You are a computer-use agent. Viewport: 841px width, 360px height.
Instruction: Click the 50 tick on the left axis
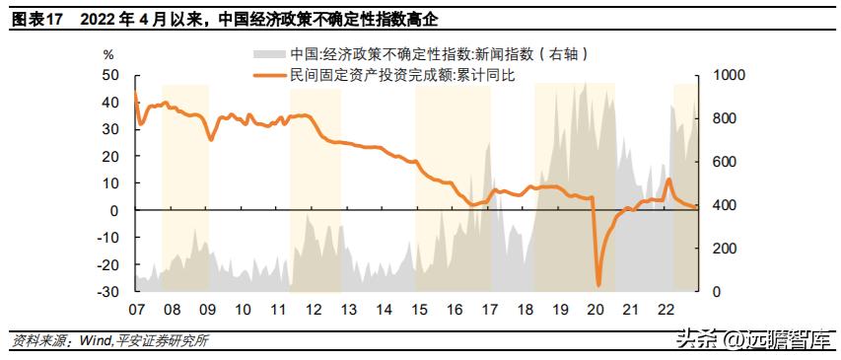point(111,75)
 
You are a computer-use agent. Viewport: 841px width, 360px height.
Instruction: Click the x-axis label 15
point(418,310)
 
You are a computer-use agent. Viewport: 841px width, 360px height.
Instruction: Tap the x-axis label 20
point(595,310)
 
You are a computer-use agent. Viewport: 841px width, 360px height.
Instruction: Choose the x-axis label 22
point(666,310)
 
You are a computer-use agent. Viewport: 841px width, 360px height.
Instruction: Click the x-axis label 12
point(313,310)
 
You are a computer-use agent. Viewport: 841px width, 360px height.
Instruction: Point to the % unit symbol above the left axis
point(108,54)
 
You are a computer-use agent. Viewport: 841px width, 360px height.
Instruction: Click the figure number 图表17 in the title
point(36,17)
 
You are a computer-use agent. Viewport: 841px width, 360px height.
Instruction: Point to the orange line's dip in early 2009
point(211,138)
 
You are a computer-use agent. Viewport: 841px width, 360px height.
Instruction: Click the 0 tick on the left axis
point(115,211)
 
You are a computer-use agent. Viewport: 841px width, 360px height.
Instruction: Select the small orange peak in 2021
point(669,180)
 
